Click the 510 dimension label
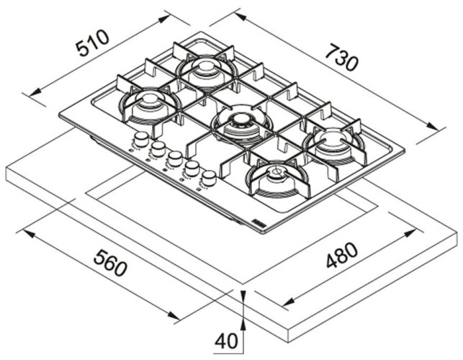pyautogui.click(x=93, y=45)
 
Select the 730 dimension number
pyautogui.click(x=341, y=58)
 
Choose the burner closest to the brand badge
pyautogui.click(x=277, y=176)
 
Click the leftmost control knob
pyautogui.click(x=141, y=137)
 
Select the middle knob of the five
pyautogui.click(x=174, y=158)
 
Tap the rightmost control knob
pyautogui.click(x=208, y=177)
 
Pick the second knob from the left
pyautogui.click(x=158, y=148)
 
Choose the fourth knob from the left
pyautogui.click(x=192, y=168)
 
